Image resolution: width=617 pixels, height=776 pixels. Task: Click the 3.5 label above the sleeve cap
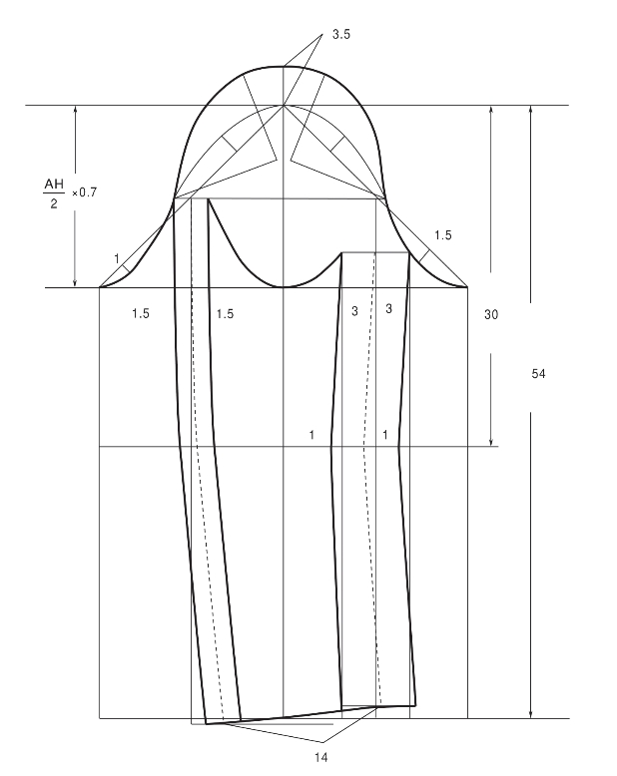coord(340,34)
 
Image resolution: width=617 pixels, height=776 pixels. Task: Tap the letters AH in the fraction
coord(54,185)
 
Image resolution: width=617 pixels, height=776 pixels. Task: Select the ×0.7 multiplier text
coord(84,193)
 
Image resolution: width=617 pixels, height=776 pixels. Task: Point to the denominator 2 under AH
coord(54,203)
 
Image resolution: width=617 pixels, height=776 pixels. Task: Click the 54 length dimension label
coord(538,374)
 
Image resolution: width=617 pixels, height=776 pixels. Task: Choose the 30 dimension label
coord(491,314)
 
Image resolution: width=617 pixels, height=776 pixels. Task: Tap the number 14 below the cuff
coord(320,757)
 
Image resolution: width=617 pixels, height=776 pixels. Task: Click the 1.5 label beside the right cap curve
coord(442,235)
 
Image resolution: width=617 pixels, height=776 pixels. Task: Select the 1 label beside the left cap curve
coord(117,258)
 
